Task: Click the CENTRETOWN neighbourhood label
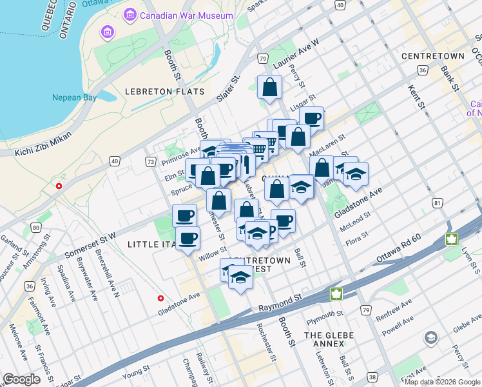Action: tap(432, 57)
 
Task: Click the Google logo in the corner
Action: tap(22, 379)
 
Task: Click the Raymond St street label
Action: tap(281, 300)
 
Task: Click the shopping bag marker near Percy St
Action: tap(269, 87)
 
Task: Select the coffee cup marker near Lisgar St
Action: tap(311, 118)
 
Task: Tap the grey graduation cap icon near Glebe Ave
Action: tap(430, 338)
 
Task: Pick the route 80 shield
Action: tap(35, 227)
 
